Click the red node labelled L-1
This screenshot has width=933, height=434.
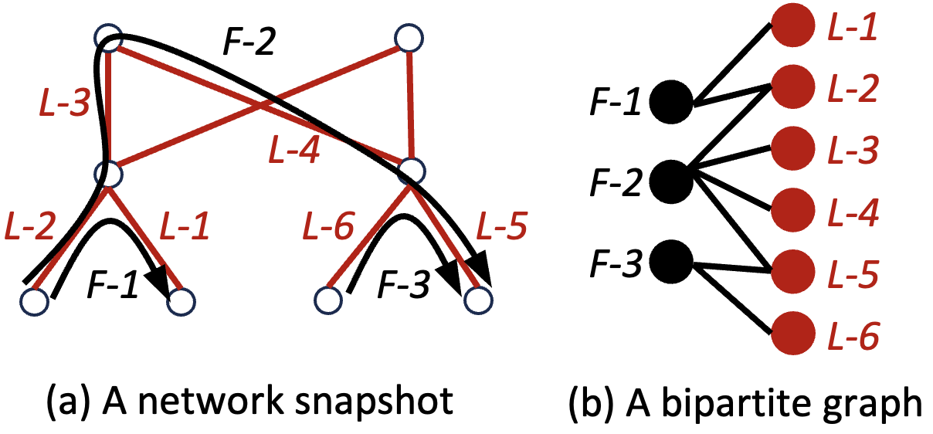click(x=792, y=28)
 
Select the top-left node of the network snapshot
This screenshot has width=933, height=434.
click(x=108, y=37)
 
